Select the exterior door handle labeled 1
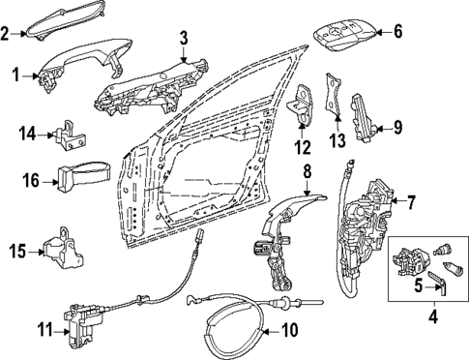77,68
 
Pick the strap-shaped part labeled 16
81,178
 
